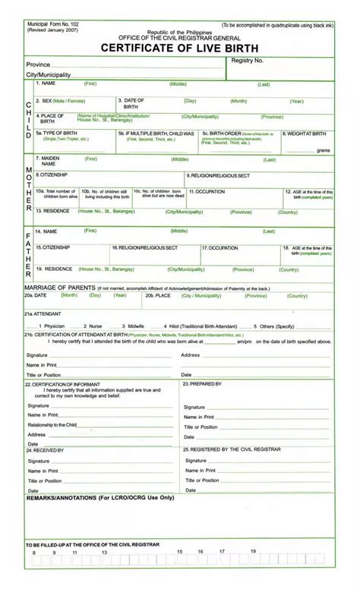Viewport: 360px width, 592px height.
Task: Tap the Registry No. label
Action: point(248,60)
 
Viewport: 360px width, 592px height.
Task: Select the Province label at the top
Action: point(38,65)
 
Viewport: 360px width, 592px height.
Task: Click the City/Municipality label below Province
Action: point(49,75)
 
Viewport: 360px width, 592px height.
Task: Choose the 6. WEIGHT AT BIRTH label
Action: point(305,134)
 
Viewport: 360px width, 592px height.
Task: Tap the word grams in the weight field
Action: point(323,150)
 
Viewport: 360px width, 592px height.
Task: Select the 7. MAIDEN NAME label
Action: point(47,161)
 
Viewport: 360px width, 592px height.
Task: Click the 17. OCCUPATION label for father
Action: point(220,247)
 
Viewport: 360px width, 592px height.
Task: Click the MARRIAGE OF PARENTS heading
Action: point(61,288)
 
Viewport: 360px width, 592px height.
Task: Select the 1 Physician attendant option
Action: point(50,326)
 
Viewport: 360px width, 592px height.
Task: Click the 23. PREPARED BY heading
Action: point(202,384)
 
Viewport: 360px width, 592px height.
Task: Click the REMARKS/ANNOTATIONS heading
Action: point(100,498)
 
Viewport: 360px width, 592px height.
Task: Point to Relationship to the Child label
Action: point(52,425)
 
